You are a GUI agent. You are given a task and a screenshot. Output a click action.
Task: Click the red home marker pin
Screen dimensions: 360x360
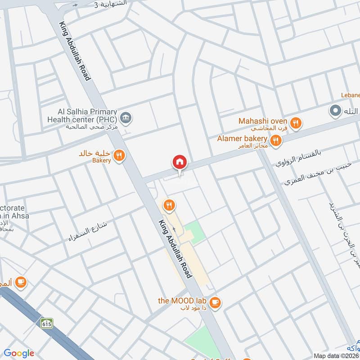tap(179, 162)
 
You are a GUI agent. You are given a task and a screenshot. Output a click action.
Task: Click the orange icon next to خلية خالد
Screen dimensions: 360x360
tap(119, 156)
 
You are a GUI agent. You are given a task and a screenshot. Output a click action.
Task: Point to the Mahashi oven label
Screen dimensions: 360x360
tap(262, 121)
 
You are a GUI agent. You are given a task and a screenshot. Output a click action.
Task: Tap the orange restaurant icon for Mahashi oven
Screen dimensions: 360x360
tap(295, 123)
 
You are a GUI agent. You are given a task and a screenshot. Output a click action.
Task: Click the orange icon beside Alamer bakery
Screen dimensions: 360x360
tap(276, 141)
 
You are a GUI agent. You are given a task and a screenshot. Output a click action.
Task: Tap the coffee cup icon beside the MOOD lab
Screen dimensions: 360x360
tap(216, 302)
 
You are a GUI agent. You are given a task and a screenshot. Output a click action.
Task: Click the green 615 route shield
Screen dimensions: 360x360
tap(46, 323)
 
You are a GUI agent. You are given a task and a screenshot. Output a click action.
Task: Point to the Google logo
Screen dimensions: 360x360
tap(19, 353)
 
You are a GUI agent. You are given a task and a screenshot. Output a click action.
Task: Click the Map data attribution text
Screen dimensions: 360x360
tap(336, 355)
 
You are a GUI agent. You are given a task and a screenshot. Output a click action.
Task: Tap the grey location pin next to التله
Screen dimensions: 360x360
tap(335, 110)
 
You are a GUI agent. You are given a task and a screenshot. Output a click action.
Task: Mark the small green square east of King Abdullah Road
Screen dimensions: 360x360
tap(195, 232)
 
